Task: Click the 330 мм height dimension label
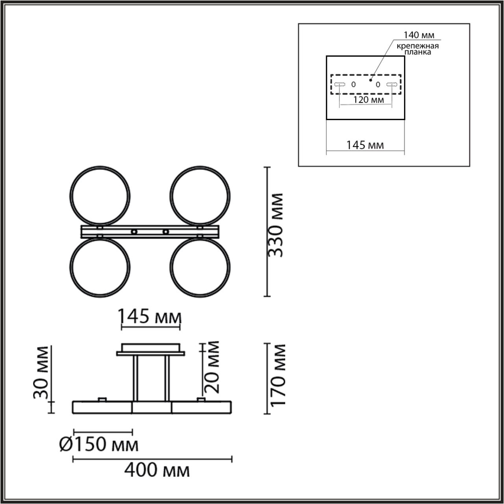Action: click(x=276, y=226)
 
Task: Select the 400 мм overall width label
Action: click(x=157, y=470)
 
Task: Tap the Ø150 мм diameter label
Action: click(x=99, y=445)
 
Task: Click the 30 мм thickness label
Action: click(x=41, y=372)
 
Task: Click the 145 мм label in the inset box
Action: click(x=365, y=145)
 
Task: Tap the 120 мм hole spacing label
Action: click(x=368, y=100)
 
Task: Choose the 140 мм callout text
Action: click(x=419, y=35)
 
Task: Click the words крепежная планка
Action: click(x=417, y=49)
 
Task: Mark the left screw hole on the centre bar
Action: click(x=135, y=232)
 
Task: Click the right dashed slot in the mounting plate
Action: click(x=391, y=84)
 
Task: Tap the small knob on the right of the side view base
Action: click(x=201, y=400)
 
